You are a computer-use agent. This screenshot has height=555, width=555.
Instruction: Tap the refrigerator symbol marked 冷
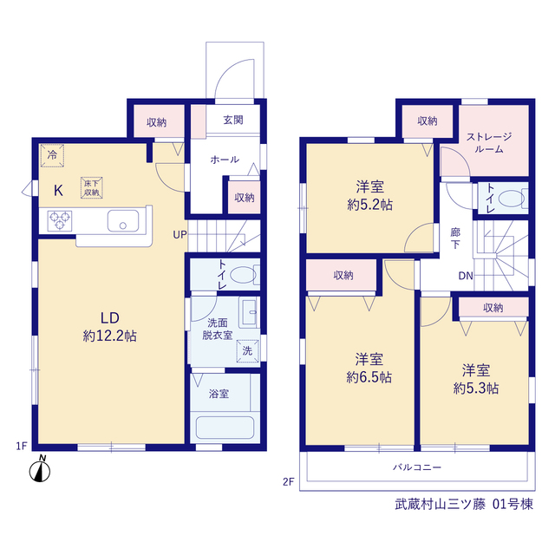(x=52, y=155)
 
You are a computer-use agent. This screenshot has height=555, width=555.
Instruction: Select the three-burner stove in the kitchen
(x=60, y=221)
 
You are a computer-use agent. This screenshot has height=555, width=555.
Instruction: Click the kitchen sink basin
(x=123, y=221)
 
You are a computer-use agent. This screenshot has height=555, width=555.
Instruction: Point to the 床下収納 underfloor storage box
(x=92, y=187)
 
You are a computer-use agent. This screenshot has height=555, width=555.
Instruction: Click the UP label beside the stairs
(x=180, y=235)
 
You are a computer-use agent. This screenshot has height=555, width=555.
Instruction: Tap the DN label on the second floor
(x=466, y=276)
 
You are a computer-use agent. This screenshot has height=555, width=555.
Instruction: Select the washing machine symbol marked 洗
(x=247, y=350)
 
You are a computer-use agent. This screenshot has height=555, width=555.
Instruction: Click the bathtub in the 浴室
(x=225, y=428)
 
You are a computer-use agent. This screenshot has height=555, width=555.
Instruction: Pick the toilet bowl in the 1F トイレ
(x=244, y=275)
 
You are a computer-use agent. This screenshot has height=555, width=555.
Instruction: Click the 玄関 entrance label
(x=233, y=120)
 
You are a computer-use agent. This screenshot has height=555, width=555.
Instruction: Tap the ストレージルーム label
(x=489, y=142)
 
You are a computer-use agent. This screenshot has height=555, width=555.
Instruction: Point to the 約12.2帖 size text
(x=110, y=336)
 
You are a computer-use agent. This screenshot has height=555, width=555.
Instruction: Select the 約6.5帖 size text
(x=369, y=378)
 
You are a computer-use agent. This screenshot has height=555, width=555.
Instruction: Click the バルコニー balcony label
(x=417, y=467)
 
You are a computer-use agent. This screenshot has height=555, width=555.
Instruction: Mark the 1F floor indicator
(x=22, y=446)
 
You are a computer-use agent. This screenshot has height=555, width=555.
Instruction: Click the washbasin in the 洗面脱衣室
(x=249, y=312)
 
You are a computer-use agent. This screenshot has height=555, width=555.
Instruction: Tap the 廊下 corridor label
(x=455, y=238)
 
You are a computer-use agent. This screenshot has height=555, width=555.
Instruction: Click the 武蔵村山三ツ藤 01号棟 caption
(x=464, y=505)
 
